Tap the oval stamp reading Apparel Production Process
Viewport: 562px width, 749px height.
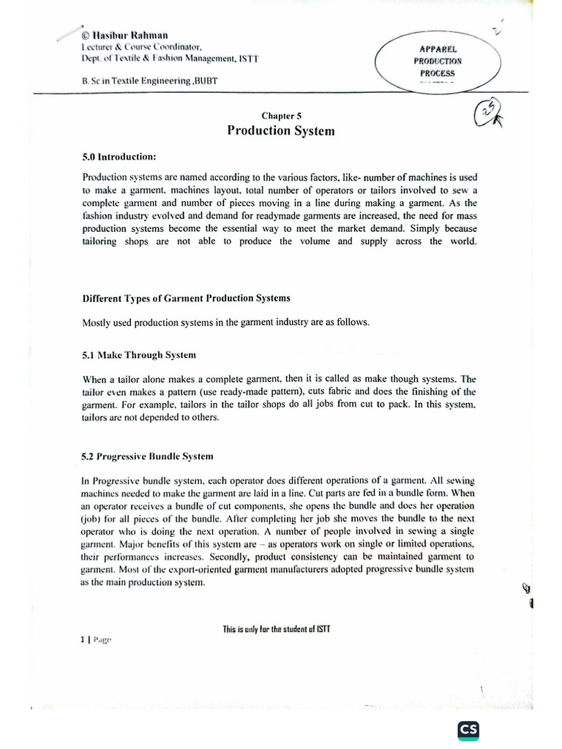click(x=437, y=62)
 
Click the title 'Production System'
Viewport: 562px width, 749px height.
click(x=280, y=131)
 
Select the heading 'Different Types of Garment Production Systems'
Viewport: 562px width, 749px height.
click(x=186, y=298)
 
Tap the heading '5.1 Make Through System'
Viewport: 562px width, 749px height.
click(x=139, y=355)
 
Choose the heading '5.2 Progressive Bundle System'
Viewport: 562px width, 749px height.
click(x=148, y=456)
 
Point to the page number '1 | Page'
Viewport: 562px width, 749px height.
click(x=96, y=639)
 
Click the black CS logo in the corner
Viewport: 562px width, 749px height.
click(x=468, y=730)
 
